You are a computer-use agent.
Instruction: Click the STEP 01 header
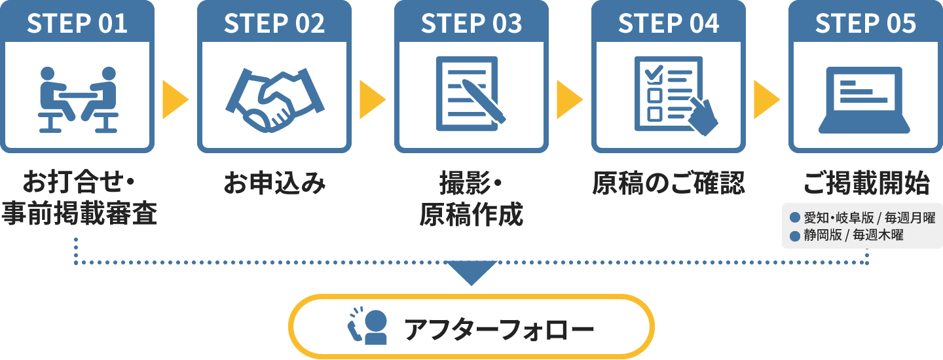(77, 24)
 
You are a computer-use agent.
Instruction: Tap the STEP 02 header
(274, 24)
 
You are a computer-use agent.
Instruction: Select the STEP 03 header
(471, 24)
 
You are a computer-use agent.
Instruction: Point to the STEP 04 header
(669, 24)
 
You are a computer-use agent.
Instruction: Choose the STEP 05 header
(866, 24)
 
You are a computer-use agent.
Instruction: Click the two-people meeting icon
(78, 99)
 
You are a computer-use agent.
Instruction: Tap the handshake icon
(274, 98)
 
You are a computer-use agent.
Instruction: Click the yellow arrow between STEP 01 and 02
(175, 99)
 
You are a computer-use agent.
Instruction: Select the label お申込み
(274, 184)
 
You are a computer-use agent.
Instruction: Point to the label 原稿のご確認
(669, 184)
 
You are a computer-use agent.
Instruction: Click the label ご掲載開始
(866, 184)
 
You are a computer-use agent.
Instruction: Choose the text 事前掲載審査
(79, 214)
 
